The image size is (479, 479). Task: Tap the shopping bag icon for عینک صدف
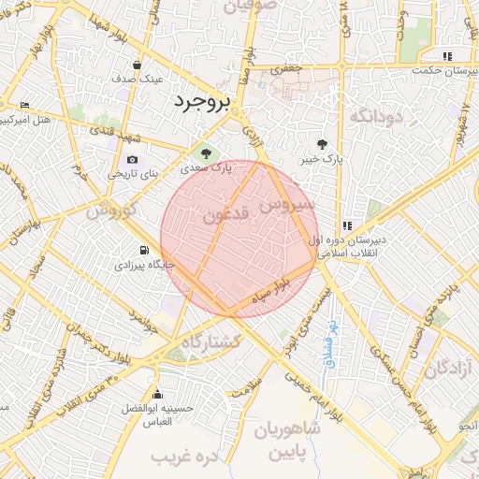[x=138, y=65]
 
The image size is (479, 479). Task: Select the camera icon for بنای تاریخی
[x=132, y=160]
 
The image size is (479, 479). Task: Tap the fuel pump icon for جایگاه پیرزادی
[x=143, y=250]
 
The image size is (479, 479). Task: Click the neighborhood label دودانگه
[x=375, y=116]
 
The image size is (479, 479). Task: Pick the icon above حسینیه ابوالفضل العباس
[x=156, y=394]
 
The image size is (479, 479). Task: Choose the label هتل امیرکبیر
[x=25, y=121]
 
